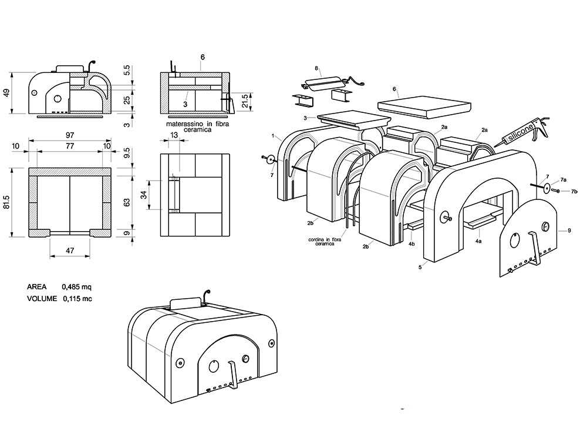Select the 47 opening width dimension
70,250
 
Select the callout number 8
316,68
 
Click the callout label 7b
574,192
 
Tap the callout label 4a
478,240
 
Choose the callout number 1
274,136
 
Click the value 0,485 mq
77,287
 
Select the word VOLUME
42,299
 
